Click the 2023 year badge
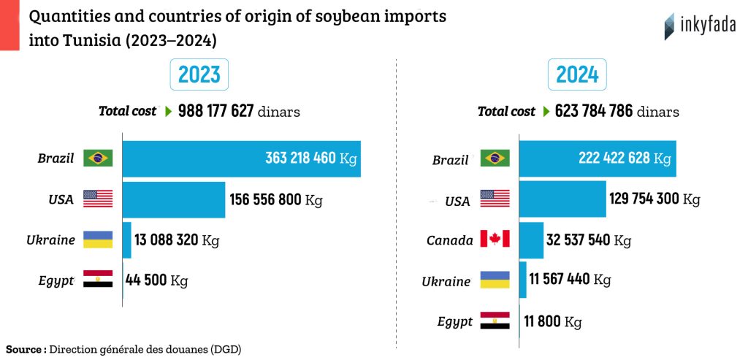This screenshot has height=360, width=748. [x=199, y=74]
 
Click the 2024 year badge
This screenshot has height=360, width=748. [x=577, y=74]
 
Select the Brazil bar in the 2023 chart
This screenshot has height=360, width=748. [x=241, y=158]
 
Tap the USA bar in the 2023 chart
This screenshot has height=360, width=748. [x=174, y=199]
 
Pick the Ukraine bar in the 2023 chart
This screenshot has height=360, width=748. [x=126, y=240]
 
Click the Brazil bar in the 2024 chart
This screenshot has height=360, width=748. [x=597, y=158]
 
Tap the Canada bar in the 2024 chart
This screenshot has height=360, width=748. [x=531, y=240]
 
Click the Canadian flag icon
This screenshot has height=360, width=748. [x=495, y=240]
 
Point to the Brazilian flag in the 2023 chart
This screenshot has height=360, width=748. [x=98, y=158]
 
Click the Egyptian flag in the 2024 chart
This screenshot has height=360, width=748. [x=495, y=321]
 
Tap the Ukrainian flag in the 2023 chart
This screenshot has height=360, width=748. [x=98, y=240]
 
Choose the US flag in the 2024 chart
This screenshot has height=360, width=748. [x=495, y=199]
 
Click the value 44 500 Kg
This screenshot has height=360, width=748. [x=157, y=280]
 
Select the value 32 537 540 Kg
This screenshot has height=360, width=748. [x=589, y=240]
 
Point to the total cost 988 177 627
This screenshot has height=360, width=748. [x=216, y=112]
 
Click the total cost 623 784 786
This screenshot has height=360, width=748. [x=594, y=112]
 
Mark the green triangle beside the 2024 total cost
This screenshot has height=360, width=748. [x=545, y=112]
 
